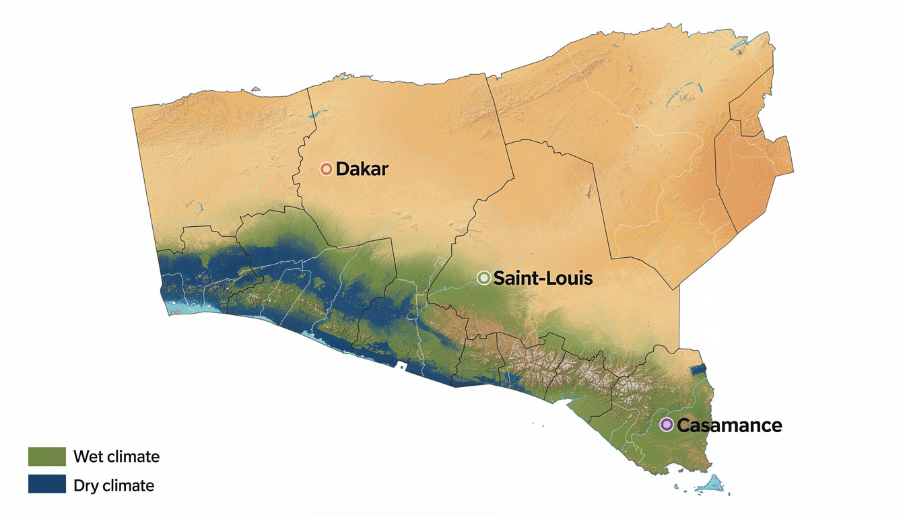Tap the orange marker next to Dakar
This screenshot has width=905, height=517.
tap(327, 169)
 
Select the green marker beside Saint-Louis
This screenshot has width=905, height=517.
tap(483, 277)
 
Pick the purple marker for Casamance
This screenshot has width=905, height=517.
tap(666, 425)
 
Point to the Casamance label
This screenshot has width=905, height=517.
tap(729, 425)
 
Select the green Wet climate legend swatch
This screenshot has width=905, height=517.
tap(47, 456)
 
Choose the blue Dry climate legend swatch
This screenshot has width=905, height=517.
tap(47, 484)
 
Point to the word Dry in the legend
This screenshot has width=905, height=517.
tap(85, 485)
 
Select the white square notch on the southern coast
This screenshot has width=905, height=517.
tap(403, 368)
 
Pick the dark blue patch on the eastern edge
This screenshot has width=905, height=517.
tap(700, 370)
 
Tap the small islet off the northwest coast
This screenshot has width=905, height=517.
tap(255, 88)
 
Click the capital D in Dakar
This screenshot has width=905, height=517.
tap(341, 169)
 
